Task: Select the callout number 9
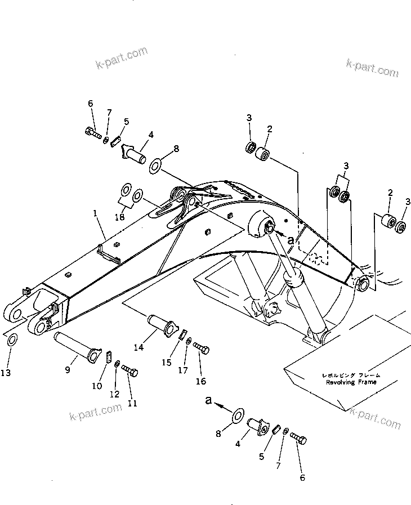click(x=67, y=369)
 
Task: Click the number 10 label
click(x=97, y=386)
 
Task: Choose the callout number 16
click(x=200, y=381)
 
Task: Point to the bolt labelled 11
click(x=129, y=370)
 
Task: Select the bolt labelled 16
click(x=201, y=348)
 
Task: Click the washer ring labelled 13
click(x=11, y=340)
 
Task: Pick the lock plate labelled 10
click(x=108, y=357)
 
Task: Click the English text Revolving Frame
click(x=351, y=382)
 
